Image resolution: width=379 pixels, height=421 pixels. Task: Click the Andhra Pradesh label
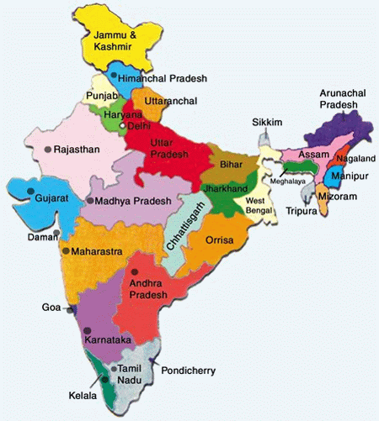coord(152,290)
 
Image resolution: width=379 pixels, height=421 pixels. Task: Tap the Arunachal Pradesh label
coord(337,98)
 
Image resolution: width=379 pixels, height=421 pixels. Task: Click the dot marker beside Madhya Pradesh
coord(89,202)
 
